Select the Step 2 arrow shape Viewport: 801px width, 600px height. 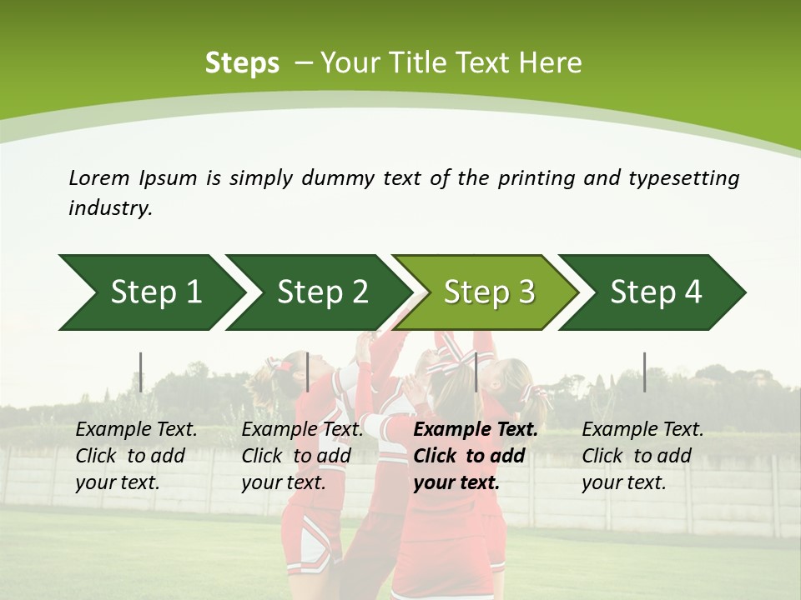tap(321, 292)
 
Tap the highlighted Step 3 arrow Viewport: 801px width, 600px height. tap(488, 292)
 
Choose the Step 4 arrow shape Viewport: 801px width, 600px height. tap(655, 292)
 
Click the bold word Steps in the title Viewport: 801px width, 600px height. tap(242, 63)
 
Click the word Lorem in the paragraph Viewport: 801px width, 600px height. tap(98, 177)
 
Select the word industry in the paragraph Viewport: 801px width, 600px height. tap(109, 208)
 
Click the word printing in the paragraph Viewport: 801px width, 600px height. tap(538, 177)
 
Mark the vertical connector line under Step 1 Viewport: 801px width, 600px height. tap(141, 372)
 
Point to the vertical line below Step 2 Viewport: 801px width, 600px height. tap(308, 372)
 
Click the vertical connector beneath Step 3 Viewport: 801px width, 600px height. tap(476, 372)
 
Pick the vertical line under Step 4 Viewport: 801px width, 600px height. tap(645, 372)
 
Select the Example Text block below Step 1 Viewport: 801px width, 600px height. tap(136, 456)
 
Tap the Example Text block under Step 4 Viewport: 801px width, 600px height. tap(642, 456)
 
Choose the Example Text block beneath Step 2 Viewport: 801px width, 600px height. tap(302, 456)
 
